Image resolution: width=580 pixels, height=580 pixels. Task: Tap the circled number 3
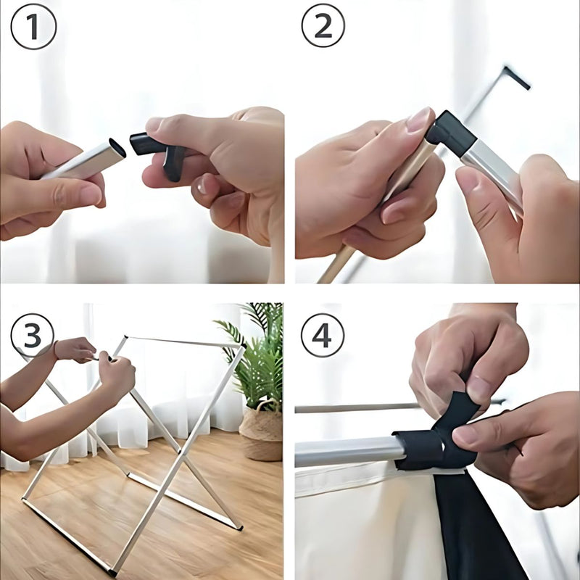pos(33,336)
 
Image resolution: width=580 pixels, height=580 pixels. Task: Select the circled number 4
pos(323,336)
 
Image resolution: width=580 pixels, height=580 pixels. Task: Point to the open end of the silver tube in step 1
pos(117,148)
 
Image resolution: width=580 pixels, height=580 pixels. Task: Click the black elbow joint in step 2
pos(449,130)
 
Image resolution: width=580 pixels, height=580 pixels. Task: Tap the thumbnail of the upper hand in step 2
pos(420,120)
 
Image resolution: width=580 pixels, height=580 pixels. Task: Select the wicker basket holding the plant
pos(260,435)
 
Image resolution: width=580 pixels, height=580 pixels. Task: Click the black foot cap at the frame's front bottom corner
pos(112,573)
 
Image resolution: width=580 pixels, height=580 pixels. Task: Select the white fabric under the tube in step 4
pos(362,522)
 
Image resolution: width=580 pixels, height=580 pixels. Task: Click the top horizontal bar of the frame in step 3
pos(181,341)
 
